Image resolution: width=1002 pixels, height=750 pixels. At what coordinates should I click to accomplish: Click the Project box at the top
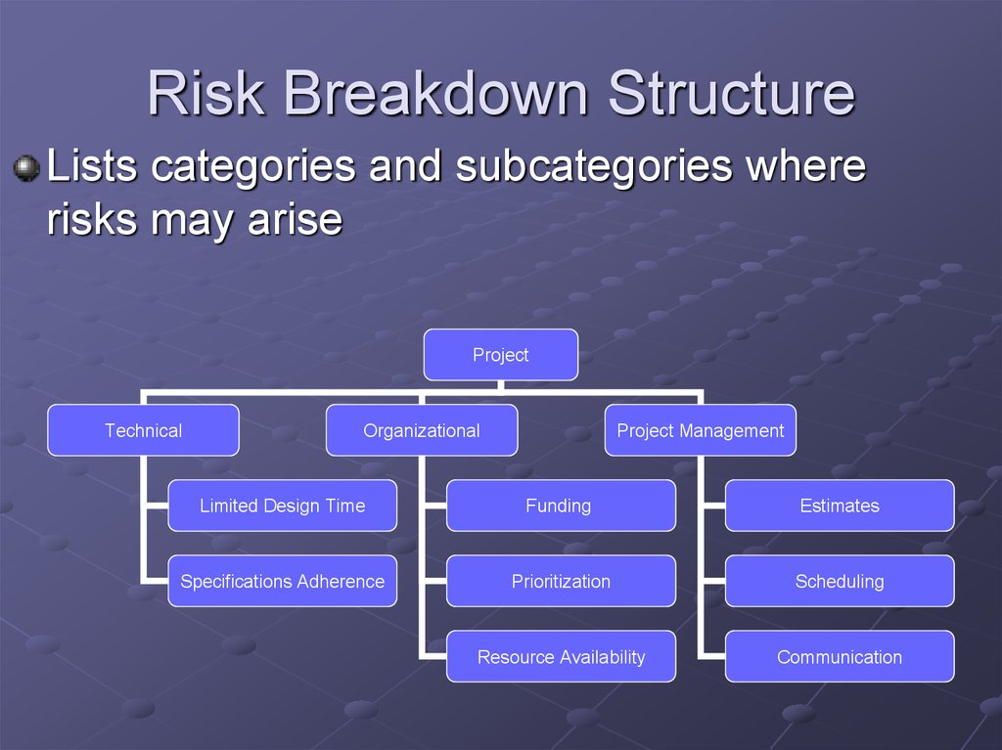coord(501,355)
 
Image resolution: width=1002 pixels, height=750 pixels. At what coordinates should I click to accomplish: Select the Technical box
coord(143,430)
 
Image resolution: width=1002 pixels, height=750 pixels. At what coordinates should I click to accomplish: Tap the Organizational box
coord(422,430)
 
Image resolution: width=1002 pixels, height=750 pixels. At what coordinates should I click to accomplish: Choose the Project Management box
coord(701,430)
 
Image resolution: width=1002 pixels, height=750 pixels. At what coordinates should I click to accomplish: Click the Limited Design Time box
coord(283,506)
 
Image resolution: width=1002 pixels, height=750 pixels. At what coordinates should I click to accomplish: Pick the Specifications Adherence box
coord(283,581)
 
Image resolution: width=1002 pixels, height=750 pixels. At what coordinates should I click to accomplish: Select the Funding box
coord(561,506)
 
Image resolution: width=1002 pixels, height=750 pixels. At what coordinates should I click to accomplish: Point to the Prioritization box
coord(561,581)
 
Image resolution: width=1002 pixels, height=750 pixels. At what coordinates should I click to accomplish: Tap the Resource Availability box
coord(561,656)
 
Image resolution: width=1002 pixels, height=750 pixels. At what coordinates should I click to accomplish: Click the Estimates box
coord(840,506)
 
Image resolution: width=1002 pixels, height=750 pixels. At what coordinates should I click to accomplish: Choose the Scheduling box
coord(840,581)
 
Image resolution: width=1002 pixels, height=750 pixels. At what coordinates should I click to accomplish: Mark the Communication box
coord(840,656)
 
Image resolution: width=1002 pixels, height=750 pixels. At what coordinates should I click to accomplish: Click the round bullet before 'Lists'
coord(26,168)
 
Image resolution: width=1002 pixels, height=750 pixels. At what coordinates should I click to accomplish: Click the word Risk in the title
coord(206,93)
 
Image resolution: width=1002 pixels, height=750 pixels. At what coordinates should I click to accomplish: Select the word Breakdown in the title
coord(436,93)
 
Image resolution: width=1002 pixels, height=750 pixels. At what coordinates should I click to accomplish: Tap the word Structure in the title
coord(732,93)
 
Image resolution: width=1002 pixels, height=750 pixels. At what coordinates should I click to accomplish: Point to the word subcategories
coord(594,166)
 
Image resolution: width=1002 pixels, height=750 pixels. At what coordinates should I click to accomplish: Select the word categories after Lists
coord(253,167)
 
